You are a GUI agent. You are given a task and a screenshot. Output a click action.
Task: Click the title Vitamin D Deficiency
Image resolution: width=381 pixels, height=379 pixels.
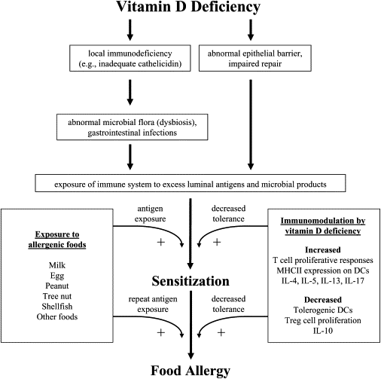coord(190,9)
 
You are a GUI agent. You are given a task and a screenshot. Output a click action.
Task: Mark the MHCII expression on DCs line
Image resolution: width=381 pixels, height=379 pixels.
coord(320,270)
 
